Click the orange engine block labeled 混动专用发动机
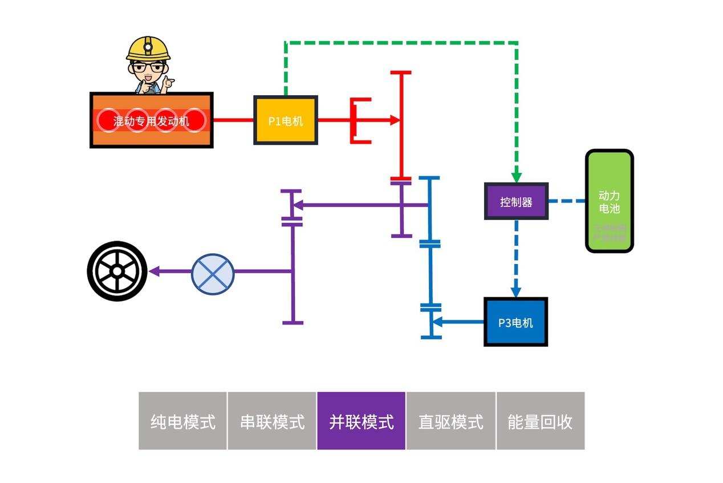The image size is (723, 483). (x=152, y=120)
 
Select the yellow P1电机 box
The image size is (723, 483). (x=285, y=120)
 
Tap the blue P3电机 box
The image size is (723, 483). (x=515, y=322)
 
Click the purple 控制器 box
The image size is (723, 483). (x=516, y=201)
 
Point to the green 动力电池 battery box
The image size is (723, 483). (x=610, y=201)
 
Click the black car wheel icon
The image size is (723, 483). (x=117, y=271)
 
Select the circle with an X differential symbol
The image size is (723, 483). (x=213, y=271)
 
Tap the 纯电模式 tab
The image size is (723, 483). (x=183, y=421)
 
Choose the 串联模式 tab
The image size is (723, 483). (x=272, y=421)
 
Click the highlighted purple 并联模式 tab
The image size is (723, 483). (x=361, y=421)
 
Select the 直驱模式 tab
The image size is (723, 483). (x=450, y=421)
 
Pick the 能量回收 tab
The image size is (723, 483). (x=540, y=421)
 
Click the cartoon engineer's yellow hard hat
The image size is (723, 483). (x=148, y=48)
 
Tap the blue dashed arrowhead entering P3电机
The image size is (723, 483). (x=516, y=291)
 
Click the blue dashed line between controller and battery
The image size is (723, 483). (x=567, y=201)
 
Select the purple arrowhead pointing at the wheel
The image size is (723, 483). (x=153, y=271)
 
